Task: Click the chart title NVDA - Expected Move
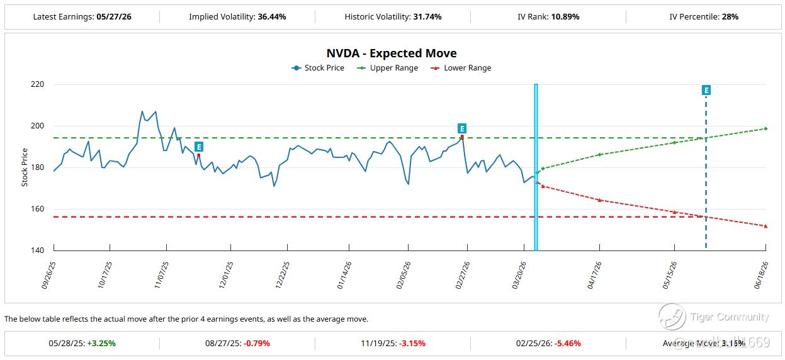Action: point(392,53)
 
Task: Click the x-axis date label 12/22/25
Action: point(283,275)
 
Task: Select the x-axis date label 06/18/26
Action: point(760,275)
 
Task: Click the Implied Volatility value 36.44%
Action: point(272,17)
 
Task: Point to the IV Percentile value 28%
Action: point(730,17)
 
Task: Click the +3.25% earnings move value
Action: point(101,344)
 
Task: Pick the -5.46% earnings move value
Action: point(566,344)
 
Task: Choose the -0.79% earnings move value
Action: point(256,344)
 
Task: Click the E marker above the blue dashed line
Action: point(706,91)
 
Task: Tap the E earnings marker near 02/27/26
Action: point(462,128)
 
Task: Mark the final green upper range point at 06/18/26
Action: point(765,128)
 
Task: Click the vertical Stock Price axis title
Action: point(25,167)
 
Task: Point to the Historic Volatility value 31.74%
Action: point(427,17)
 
